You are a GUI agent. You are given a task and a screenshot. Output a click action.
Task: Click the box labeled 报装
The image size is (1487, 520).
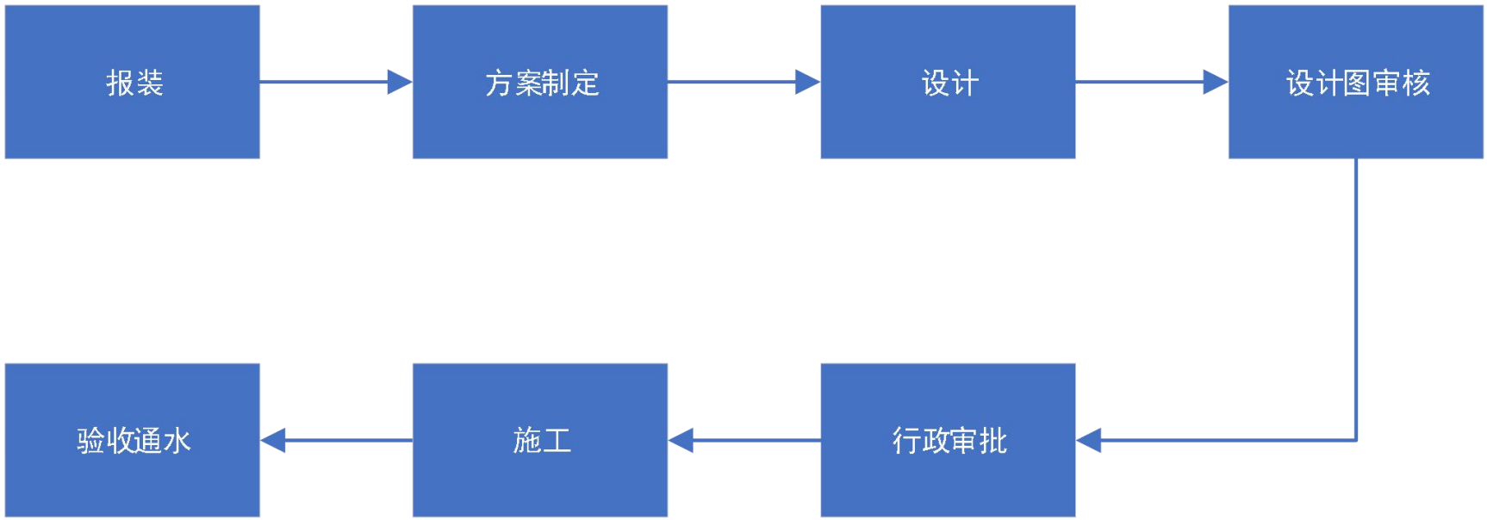[x=133, y=82]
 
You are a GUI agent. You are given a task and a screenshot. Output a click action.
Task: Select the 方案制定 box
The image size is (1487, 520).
[x=540, y=82]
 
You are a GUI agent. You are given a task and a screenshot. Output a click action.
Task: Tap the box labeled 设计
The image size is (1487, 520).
[x=948, y=82]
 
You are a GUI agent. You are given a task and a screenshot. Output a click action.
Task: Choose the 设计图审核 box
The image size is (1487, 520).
[x=1355, y=82]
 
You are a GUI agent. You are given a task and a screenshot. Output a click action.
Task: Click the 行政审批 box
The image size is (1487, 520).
[x=948, y=440]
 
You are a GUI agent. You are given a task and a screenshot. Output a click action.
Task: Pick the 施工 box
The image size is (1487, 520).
[x=540, y=440]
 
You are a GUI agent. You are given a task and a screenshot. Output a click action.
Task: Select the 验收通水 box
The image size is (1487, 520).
[x=133, y=440]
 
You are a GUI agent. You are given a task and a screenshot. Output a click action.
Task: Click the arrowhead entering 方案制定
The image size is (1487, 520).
[x=400, y=82]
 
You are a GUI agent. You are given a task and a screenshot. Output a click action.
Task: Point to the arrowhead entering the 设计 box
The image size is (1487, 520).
[x=807, y=82]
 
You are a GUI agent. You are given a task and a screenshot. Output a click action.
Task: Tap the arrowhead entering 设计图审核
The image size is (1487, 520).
[x=1215, y=82]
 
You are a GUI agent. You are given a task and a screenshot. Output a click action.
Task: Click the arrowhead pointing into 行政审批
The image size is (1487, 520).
[x=1089, y=440]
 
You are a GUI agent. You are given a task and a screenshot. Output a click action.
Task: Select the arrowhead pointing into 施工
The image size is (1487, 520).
[x=681, y=440]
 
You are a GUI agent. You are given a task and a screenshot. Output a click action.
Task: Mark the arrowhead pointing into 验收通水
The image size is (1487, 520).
[x=274, y=440]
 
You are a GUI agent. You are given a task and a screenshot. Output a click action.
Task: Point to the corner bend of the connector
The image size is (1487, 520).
[x=1356, y=440]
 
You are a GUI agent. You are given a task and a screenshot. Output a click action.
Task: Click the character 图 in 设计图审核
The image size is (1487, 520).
[x=1358, y=83]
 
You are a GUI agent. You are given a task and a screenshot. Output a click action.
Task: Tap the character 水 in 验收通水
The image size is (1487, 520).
[x=177, y=441]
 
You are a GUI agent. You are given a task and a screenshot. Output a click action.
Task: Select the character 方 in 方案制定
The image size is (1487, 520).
[x=499, y=83]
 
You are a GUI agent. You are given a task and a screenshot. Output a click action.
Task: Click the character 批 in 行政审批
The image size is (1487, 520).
[x=992, y=441]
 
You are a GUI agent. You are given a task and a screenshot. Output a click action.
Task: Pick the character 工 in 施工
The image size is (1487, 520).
[x=557, y=441]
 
